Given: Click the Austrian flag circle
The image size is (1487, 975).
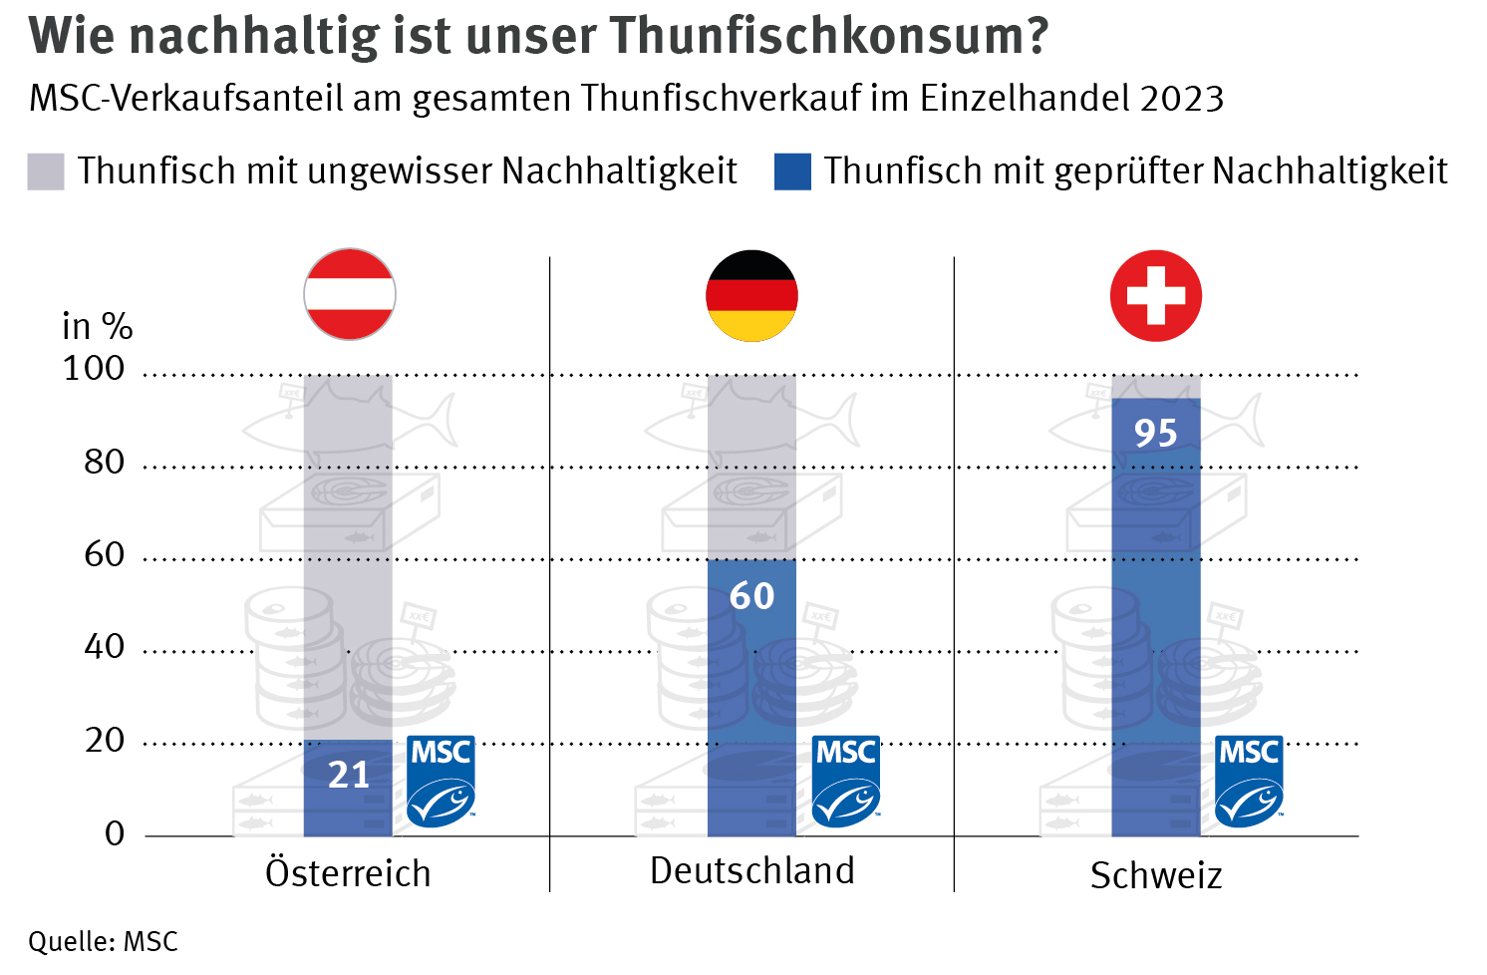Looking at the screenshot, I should (x=350, y=294).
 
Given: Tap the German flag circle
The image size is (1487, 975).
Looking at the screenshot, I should (x=752, y=295).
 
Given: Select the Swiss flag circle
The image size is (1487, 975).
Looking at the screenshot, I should (x=1156, y=295).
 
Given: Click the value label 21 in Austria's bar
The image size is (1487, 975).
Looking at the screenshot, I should (x=349, y=775).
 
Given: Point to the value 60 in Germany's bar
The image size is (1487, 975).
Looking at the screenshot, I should (x=752, y=596).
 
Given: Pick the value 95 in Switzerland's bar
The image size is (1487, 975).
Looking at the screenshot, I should (x=1156, y=434).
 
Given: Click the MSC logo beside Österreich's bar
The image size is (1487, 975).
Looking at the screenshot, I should (x=442, y=781).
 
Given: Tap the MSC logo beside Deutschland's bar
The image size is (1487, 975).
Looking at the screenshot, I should (x=846, y=781).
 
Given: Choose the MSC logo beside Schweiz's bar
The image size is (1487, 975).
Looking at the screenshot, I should (x=1250, y=781).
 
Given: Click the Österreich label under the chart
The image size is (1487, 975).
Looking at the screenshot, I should (x=348, y=873).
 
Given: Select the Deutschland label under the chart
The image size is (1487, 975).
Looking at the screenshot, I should (x=752, y=870).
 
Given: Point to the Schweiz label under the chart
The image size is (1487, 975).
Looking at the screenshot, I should (x=1156, y=875).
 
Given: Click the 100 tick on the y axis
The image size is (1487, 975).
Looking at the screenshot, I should (x=94, y=369).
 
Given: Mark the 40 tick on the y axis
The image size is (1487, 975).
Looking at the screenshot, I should (x=105, y=647).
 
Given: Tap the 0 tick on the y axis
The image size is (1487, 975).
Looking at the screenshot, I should (x=115, y=833).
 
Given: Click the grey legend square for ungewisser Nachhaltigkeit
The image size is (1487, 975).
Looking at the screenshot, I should (x=46, y=171).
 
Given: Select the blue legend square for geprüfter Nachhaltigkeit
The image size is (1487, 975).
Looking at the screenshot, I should (x=792, y=171).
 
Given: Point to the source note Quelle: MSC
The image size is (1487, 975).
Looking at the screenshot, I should (x=103, y=941).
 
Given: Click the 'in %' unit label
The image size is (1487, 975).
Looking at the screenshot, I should (x=97, y=326).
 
